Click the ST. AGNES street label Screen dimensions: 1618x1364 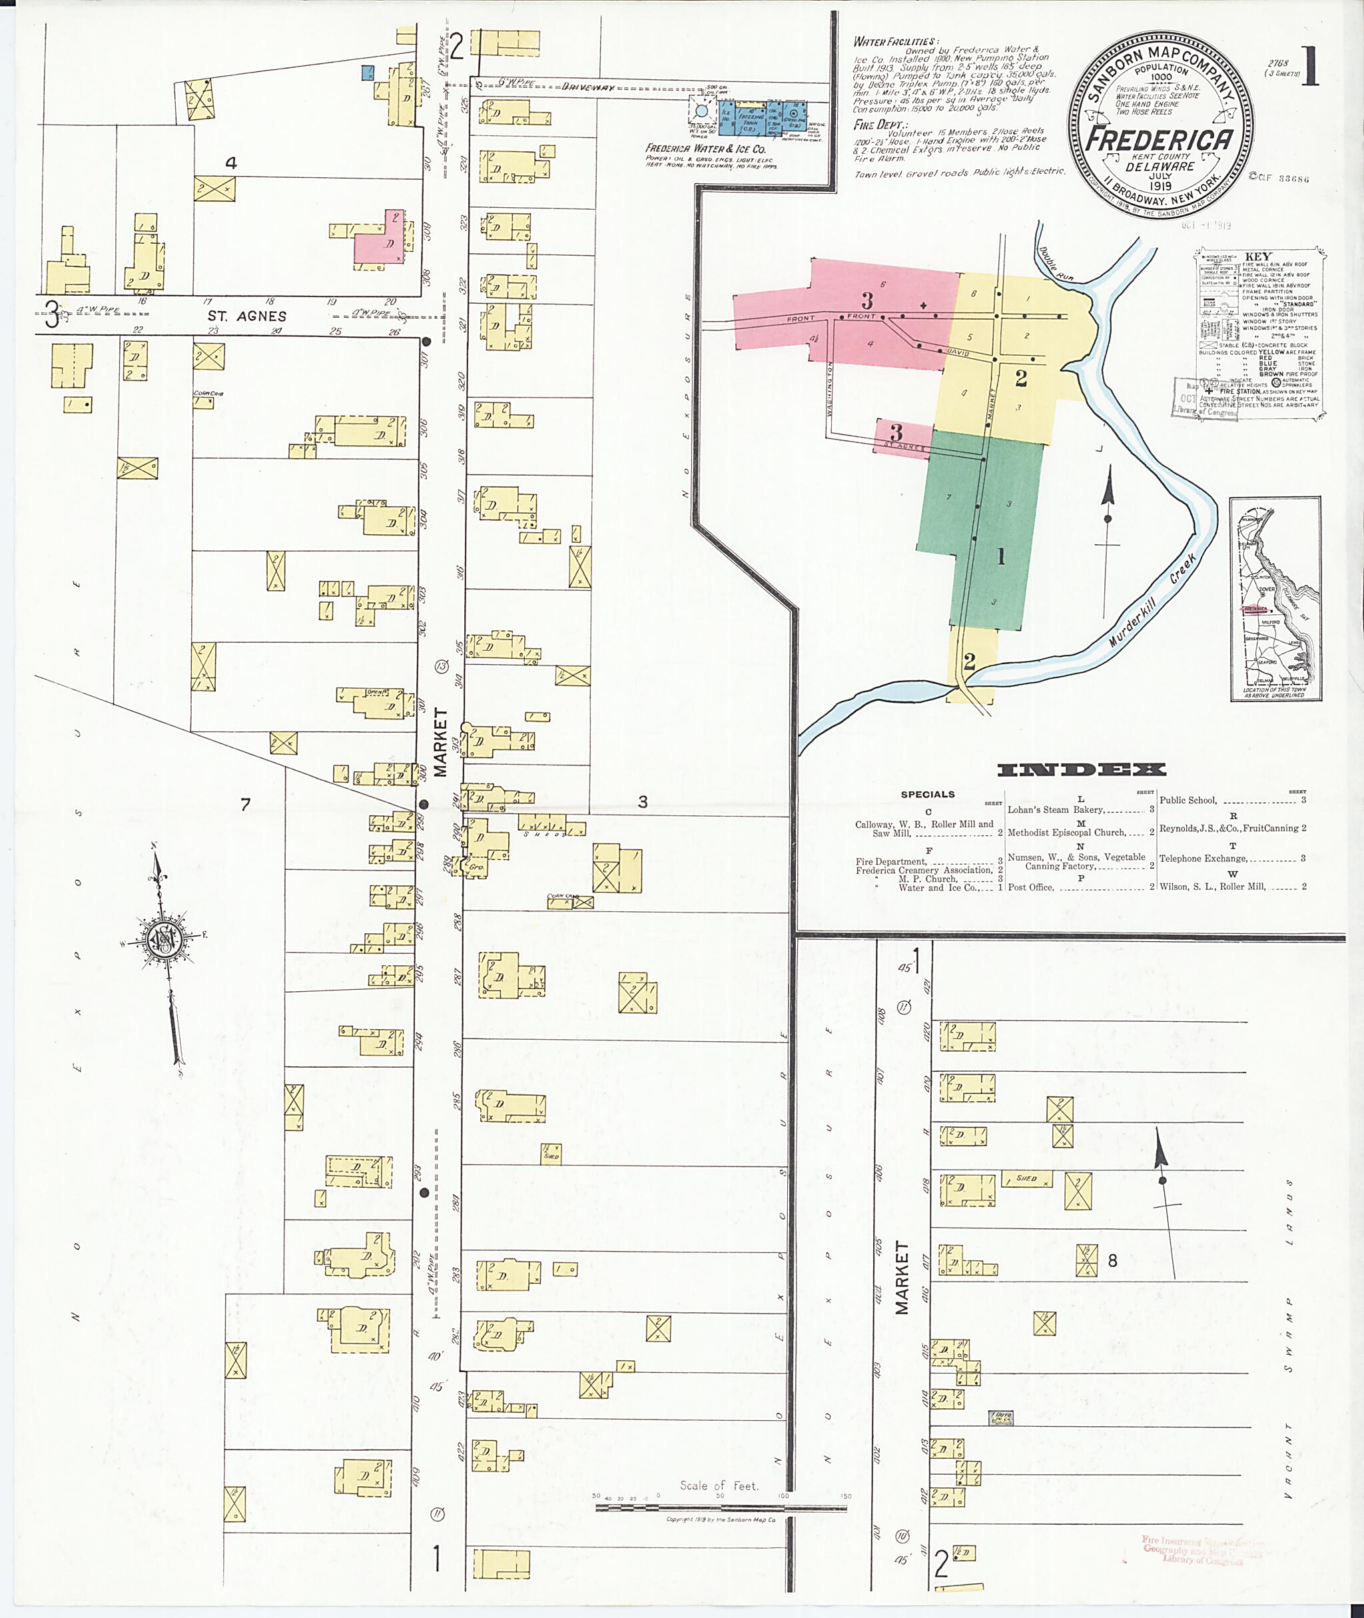246,316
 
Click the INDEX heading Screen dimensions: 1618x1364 1081,769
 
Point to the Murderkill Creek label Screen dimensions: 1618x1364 1153,600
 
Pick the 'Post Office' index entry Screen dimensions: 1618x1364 1030,887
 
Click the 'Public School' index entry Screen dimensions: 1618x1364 1188,801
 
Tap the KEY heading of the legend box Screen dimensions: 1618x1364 1258,256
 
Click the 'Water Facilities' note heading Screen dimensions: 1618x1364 894,42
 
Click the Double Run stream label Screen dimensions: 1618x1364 1057,264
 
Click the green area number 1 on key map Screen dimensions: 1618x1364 1000,556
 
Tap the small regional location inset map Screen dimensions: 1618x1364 1275,600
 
